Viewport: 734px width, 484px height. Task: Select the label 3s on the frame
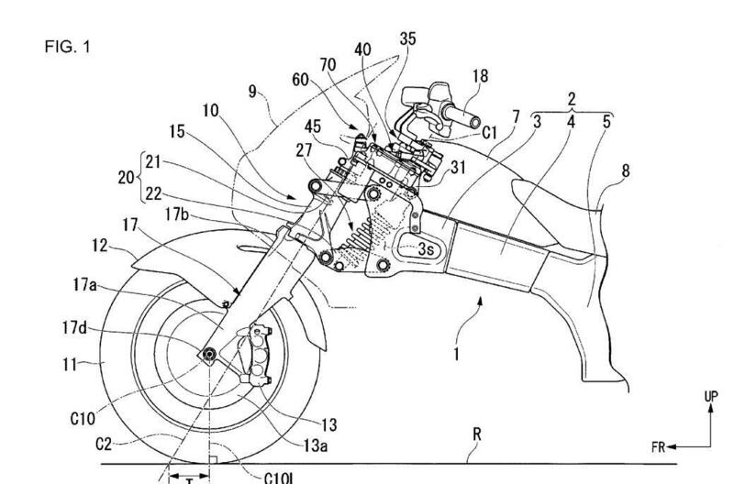426,247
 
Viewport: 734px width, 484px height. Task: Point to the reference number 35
407,38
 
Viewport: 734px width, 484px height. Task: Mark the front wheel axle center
209,355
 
